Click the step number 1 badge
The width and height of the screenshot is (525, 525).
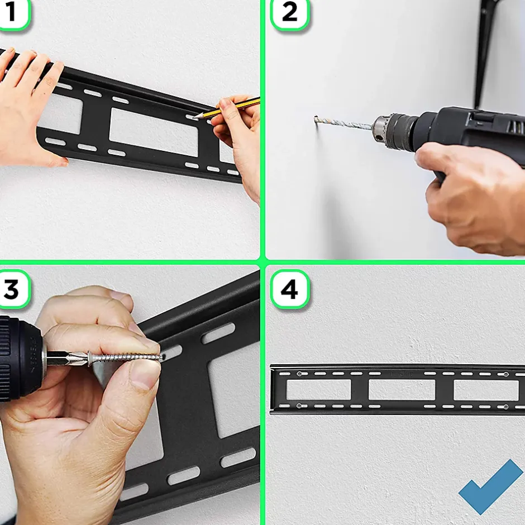(13, 13)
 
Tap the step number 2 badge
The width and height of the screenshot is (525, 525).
(290, 13)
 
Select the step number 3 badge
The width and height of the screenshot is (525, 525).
(13, 289)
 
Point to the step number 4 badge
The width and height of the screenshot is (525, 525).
(290, 289)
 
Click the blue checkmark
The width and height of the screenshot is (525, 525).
(491, 487)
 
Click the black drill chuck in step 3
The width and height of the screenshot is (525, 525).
(21, 358)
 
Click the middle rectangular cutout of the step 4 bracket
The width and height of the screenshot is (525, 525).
(402, 390)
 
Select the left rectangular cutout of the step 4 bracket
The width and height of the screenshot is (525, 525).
(318, 390)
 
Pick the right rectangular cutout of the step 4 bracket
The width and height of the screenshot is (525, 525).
(486, 390)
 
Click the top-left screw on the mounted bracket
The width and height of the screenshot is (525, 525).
(300, 374)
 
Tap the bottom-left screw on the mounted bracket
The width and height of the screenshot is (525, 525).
(300, 406)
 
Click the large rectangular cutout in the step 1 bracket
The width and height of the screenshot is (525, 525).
(154, 132)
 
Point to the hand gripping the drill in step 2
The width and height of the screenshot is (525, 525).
(472, 198)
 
